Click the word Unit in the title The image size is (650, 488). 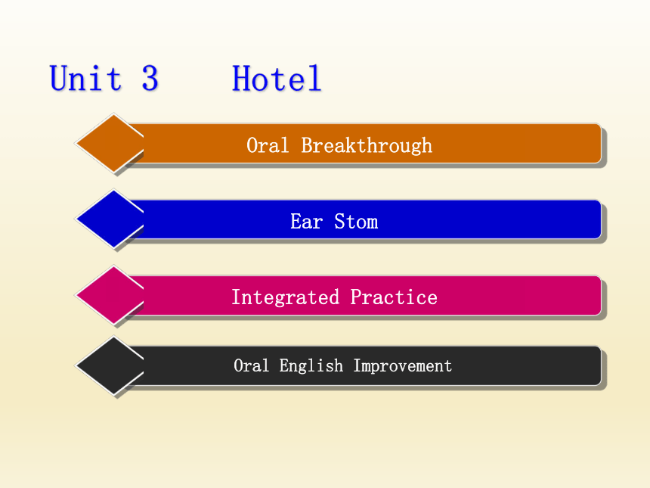(x=86, y=78)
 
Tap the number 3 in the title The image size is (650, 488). (x=150, y=78)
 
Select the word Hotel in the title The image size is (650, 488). (x=277, y=78)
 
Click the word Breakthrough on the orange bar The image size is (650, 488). (x=367, y=146)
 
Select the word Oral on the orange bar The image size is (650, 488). (x=268, y=145)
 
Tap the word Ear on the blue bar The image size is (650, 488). (x=306, y=221)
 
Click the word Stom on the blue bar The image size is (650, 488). (x=356, y=221)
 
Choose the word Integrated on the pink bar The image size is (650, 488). (x=285, y=297)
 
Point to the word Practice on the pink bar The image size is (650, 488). (x=394, y=297)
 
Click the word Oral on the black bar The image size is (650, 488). (x=251, y=365)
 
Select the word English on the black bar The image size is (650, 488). (x=311, y=366)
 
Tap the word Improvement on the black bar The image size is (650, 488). (x=403, y=366)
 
